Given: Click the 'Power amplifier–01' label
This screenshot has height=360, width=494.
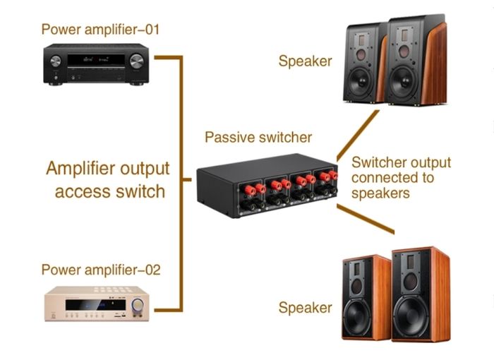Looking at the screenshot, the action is point(100,30).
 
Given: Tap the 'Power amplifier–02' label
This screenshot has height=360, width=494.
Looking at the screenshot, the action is point(101,270).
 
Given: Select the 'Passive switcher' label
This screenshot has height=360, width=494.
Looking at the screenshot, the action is point(258,138).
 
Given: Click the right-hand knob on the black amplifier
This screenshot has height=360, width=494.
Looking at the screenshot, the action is point(136,61).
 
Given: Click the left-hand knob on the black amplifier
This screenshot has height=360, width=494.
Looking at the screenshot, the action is point(56,61).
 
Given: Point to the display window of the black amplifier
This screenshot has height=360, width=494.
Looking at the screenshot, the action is point(96,60).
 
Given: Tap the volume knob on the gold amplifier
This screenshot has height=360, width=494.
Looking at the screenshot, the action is point(138,304).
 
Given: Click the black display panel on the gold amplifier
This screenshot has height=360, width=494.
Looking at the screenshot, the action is point(95,305).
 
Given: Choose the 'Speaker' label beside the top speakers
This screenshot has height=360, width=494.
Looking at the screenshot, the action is point(306,61).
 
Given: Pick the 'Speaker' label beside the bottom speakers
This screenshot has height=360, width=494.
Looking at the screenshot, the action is point(306,308).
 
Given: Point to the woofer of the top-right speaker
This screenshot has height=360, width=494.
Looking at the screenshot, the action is point(404,82).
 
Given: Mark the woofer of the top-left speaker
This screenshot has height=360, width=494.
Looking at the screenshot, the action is point(361,82).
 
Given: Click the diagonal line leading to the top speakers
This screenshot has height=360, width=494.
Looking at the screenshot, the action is point(358,136).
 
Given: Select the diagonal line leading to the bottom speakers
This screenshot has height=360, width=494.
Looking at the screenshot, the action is point(366,219).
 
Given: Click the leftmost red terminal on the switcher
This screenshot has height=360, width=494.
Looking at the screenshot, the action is point(250,190).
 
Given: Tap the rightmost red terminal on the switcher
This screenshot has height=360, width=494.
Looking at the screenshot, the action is point(332,175).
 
